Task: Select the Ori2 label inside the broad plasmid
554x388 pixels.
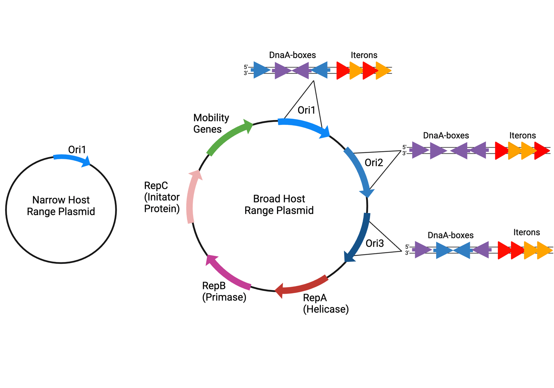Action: [374, 163]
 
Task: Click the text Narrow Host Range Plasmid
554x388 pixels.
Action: [61, 205]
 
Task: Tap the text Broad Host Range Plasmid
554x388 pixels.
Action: [279, 204]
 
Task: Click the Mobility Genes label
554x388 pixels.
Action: [211, 123]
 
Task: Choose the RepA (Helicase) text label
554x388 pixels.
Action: [325, 303]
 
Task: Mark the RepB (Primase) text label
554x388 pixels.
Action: [224, 291]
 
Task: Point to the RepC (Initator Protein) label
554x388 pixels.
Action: [162, 197]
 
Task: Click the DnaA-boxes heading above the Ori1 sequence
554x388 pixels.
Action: [292, 55]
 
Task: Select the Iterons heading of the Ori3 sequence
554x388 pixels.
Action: [526, 232]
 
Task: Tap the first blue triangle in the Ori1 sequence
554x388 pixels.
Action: [261, 70]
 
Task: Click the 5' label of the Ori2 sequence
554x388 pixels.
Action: [404, 147]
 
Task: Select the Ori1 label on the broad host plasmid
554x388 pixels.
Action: [307, 110]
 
